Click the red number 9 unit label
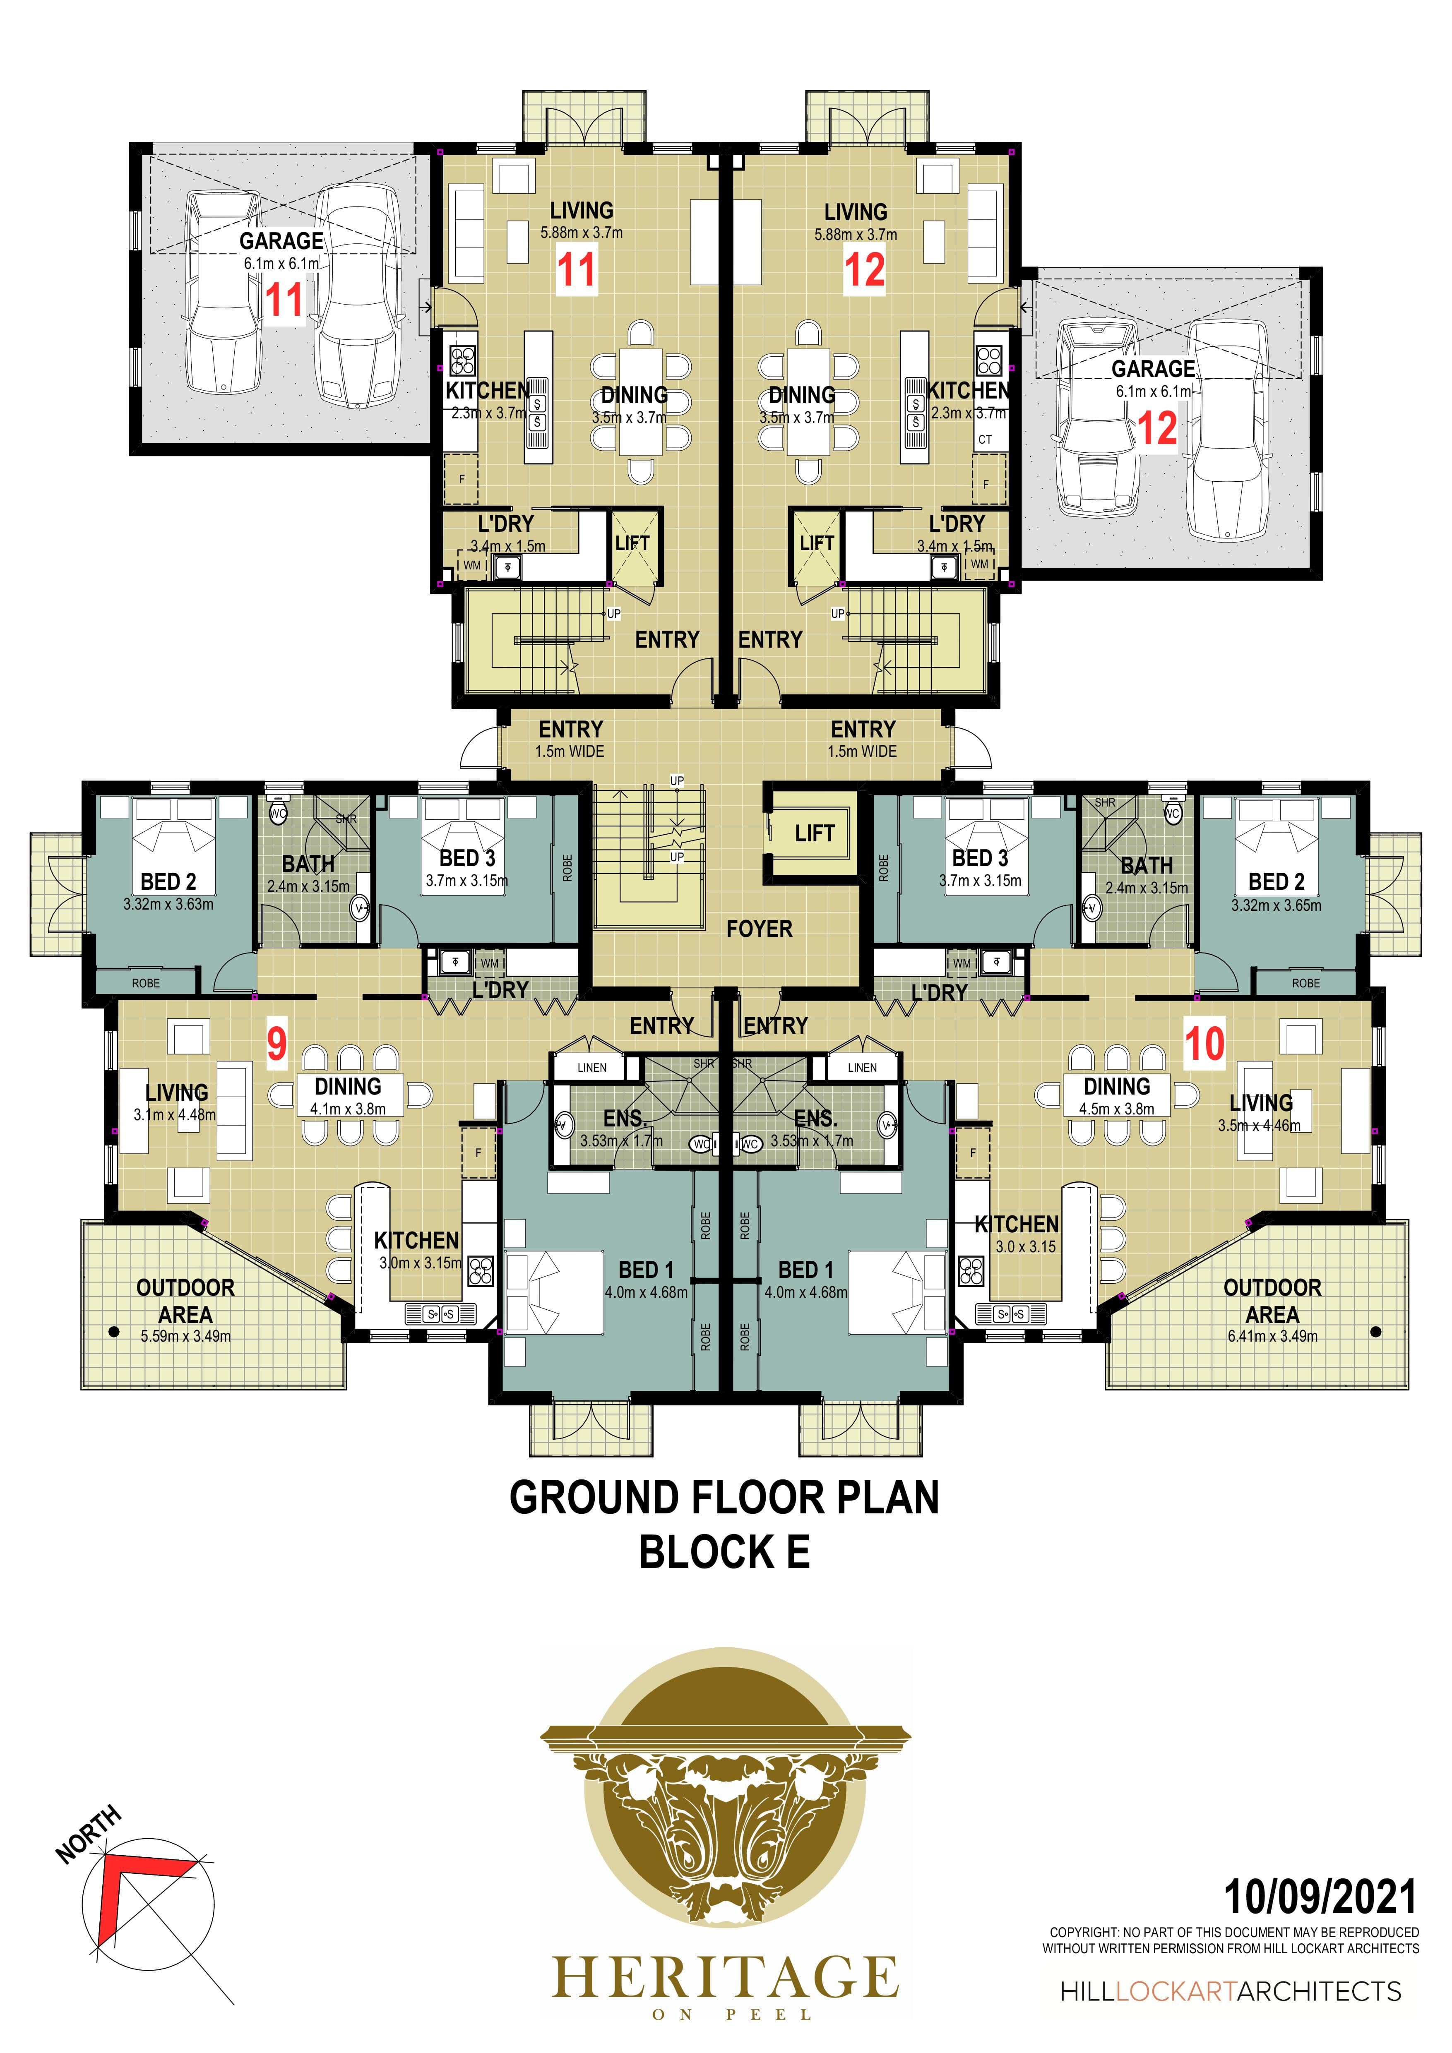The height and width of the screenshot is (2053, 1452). tap(277, 1044)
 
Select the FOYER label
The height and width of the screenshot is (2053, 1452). tap(759, 929)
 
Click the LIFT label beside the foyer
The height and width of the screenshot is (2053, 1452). tap(815, 833)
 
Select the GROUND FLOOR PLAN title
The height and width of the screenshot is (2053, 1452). tap(724, 1498)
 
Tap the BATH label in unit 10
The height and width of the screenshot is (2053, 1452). tap(1146, 866)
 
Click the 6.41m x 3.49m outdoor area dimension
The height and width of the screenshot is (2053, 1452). tap(1272, 1337)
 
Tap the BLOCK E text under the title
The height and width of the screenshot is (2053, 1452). tap(724, 1553)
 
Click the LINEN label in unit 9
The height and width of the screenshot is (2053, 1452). tap(592, 1068)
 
